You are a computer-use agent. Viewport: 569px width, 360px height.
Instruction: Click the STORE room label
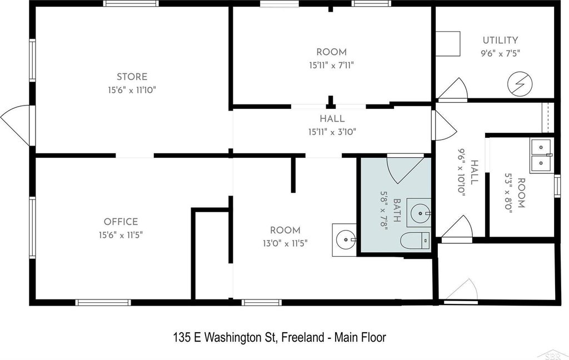pos(132,77)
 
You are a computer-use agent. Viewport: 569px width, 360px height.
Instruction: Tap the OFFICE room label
pos(121,221)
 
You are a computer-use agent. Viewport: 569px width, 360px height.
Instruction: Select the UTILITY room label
pos(500,40)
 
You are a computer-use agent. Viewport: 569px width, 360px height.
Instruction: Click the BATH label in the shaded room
pos(397,211)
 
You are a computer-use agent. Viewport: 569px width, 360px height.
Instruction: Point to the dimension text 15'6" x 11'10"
pos(132,89)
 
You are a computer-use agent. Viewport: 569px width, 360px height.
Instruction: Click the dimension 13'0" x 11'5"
pos(285,243)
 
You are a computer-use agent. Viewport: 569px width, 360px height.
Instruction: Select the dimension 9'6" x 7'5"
pos(501,53)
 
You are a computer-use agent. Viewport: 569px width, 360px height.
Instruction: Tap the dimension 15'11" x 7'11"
pos(331,66)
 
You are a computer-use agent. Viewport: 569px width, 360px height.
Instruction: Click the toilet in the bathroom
pos(416,239)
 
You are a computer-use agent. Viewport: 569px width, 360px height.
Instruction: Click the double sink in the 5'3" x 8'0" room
pos(541,156)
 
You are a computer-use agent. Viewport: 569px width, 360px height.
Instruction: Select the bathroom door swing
pos(405,169)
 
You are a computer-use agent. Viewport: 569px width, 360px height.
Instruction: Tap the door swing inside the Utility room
pos(452,88)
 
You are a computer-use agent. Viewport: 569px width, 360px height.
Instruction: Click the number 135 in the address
pos(182,338)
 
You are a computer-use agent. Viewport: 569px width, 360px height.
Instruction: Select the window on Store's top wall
pos(131,3)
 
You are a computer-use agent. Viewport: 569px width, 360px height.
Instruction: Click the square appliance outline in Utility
pos(448,43)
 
